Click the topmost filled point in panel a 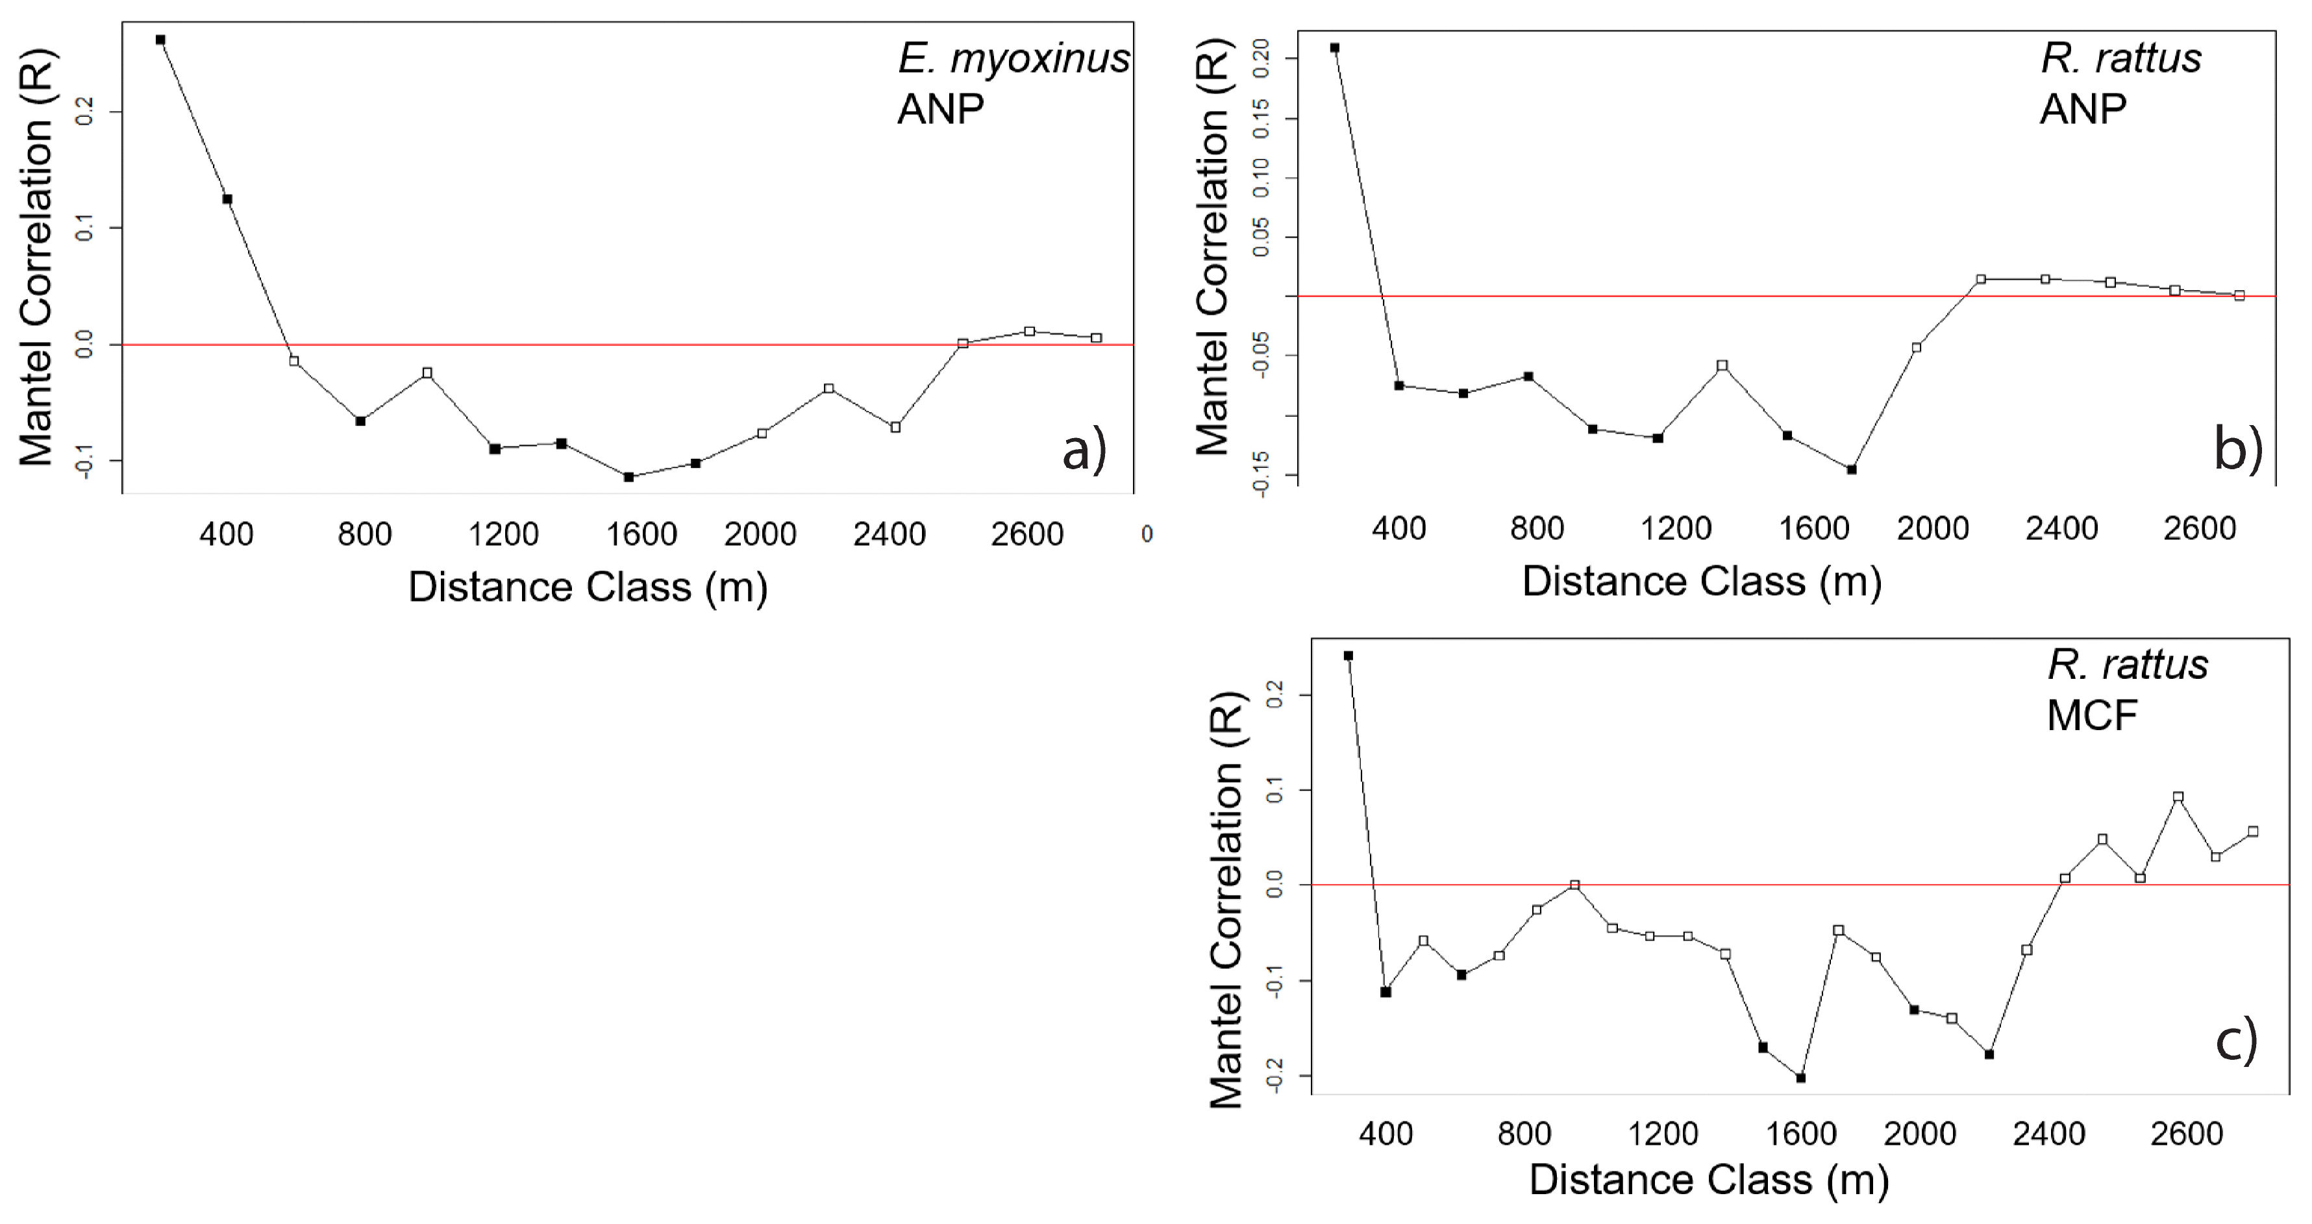click(x=160, y=40)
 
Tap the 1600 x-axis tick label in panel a click(x=641, y=535)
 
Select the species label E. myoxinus click(x=1013, y=59)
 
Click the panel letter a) click(x=1084, y=450)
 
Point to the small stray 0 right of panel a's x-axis click(x=1146, y=535)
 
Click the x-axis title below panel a click(x=588, y=587)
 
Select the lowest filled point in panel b click(x=1852, y=469)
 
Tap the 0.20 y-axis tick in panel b click(x=1260, y=58)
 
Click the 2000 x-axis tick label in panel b click(x=1932, y=528)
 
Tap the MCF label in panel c click(x=2091, y=716)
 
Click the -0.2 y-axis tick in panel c click(x=1274, y=1074)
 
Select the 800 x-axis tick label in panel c click(x=1524, y=1133)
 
